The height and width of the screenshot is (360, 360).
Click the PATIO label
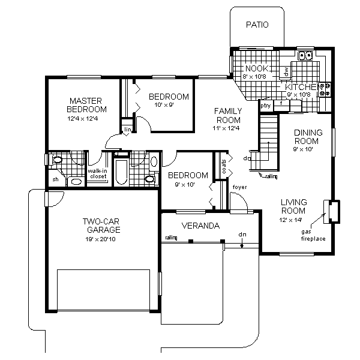tap(257, 25)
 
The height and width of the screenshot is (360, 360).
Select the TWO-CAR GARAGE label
tap(101, 225)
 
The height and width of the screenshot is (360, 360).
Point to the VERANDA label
tap(201, 226)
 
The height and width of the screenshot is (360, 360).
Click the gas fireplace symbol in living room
tap(331, 209)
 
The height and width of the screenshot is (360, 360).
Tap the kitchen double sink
tap(306, 56)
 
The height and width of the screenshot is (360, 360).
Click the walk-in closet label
tap(97, 173)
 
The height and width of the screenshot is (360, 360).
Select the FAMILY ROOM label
tap(228, 115)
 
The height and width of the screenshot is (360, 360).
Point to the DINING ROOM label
tap(308, 137)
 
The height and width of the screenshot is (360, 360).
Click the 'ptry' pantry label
tap(265, 106)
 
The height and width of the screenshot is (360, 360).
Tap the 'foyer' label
tap(239, 188)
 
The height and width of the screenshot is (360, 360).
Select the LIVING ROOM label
tap(293, 206)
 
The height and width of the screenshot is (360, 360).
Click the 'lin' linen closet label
tap(127, 130)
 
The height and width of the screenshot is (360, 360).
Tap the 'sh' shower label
tap(55, 179)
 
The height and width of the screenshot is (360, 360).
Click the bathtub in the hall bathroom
tap(120, 172)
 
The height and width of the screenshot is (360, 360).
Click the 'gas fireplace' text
tap(313, 235)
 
